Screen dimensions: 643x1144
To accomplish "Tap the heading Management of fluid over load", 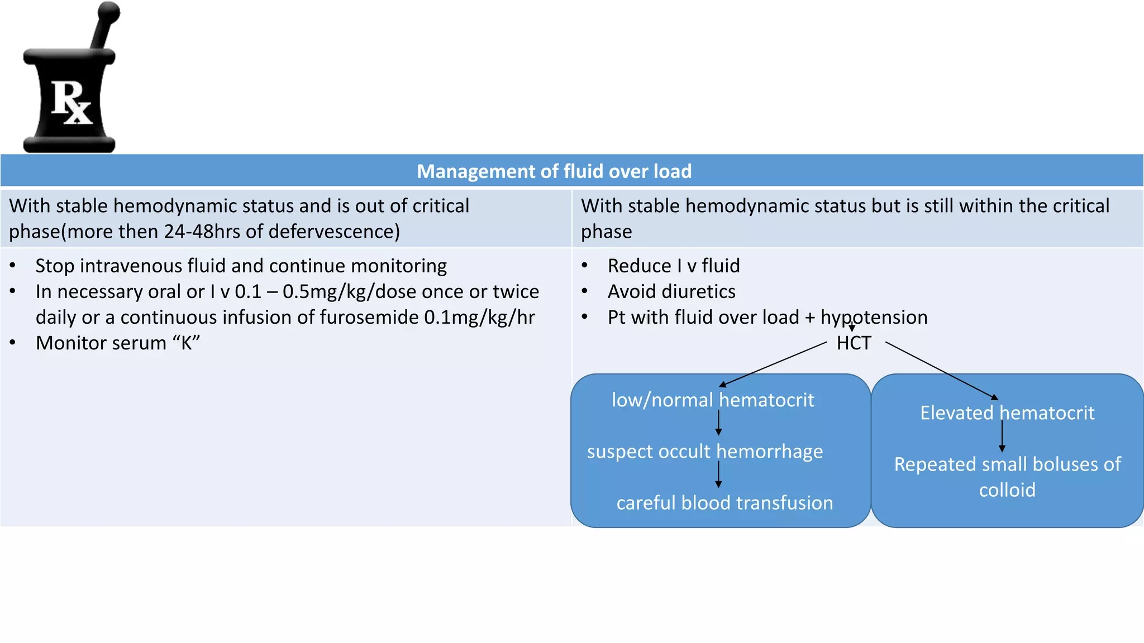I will point(554,171).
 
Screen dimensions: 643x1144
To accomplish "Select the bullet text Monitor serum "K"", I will point(117,343).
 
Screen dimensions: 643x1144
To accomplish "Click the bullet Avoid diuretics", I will point(671,291).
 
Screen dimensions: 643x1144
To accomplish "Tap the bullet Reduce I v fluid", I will point(673,266).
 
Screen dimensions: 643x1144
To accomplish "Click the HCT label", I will point(854,343).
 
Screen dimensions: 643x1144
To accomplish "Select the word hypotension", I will point(874,317).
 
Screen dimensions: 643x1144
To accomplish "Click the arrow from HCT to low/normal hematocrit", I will point(773,364).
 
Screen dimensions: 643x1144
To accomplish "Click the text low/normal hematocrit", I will point(713,400).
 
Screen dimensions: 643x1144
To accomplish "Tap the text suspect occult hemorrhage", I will point(705,451).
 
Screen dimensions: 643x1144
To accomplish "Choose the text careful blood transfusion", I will point(724,503).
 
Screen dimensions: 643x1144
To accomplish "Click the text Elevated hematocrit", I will point(1007,413).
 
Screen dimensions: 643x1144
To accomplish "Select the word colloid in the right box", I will point(1007,490).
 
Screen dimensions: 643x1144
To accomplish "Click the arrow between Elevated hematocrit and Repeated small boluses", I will point(1002,436).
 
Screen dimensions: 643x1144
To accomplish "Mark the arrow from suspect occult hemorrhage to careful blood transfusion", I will point(718,475).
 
